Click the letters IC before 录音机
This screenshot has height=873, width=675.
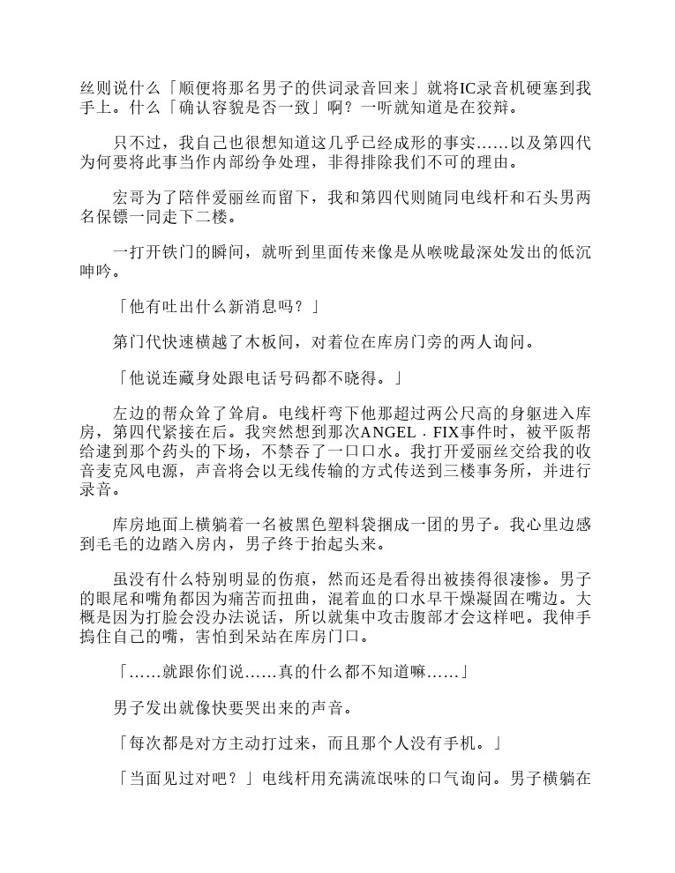(x=471, y=87)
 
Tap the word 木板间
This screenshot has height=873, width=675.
(x=272, y=339)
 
